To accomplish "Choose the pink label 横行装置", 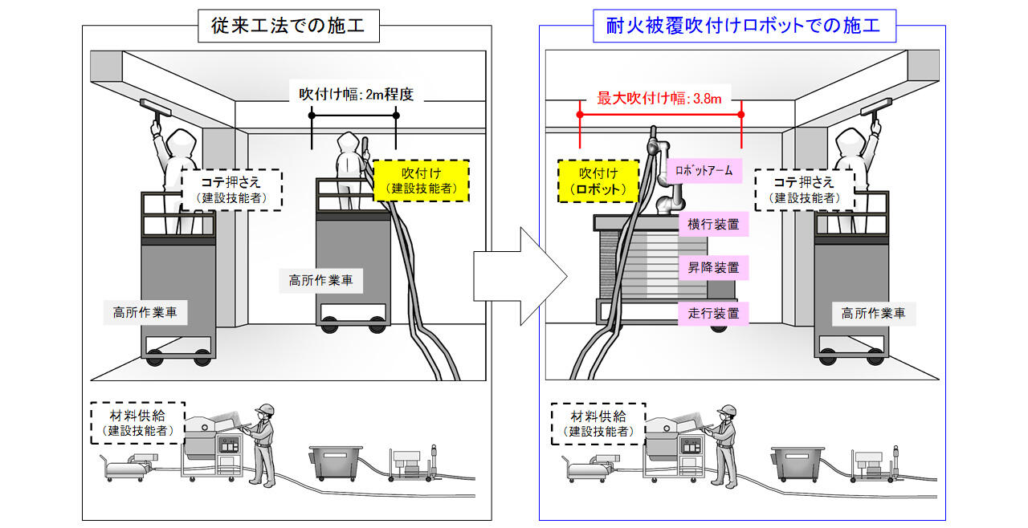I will click(x=713, y=224).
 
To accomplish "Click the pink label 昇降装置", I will click(x=713, y=268).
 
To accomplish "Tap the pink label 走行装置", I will click(x=713, y=312).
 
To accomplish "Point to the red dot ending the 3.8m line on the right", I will click(x=740, y=115).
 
